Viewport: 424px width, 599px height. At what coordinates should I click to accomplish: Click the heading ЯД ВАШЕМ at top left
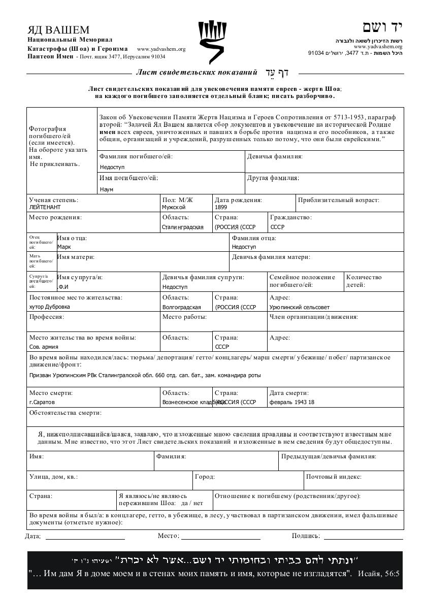point(58,30)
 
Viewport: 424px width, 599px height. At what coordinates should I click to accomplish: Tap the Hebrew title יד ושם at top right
point(382,27)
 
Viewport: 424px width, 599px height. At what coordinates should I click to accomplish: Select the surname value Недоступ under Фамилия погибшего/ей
point(112,167)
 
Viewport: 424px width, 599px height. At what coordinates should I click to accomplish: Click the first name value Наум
point(107,189)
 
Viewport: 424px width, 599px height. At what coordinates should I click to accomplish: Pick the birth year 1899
point(221,207)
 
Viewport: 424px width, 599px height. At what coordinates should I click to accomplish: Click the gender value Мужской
point(174,207)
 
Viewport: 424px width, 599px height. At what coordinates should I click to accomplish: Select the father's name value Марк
point(64,247)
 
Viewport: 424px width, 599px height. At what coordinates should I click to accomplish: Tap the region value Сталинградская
point(183,227)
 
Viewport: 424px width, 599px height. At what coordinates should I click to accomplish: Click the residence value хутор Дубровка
point(50,307)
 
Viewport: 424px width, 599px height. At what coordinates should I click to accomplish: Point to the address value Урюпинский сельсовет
point(300,307)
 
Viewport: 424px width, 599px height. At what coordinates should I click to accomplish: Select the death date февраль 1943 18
point(292,402)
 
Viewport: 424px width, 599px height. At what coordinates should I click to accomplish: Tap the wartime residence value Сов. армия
point(44,347)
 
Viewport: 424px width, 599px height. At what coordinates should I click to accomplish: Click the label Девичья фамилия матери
point(271,257)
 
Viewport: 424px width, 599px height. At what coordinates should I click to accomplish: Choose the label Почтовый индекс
point(333,477)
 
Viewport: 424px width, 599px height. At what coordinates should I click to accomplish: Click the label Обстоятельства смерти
point(65,413)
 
